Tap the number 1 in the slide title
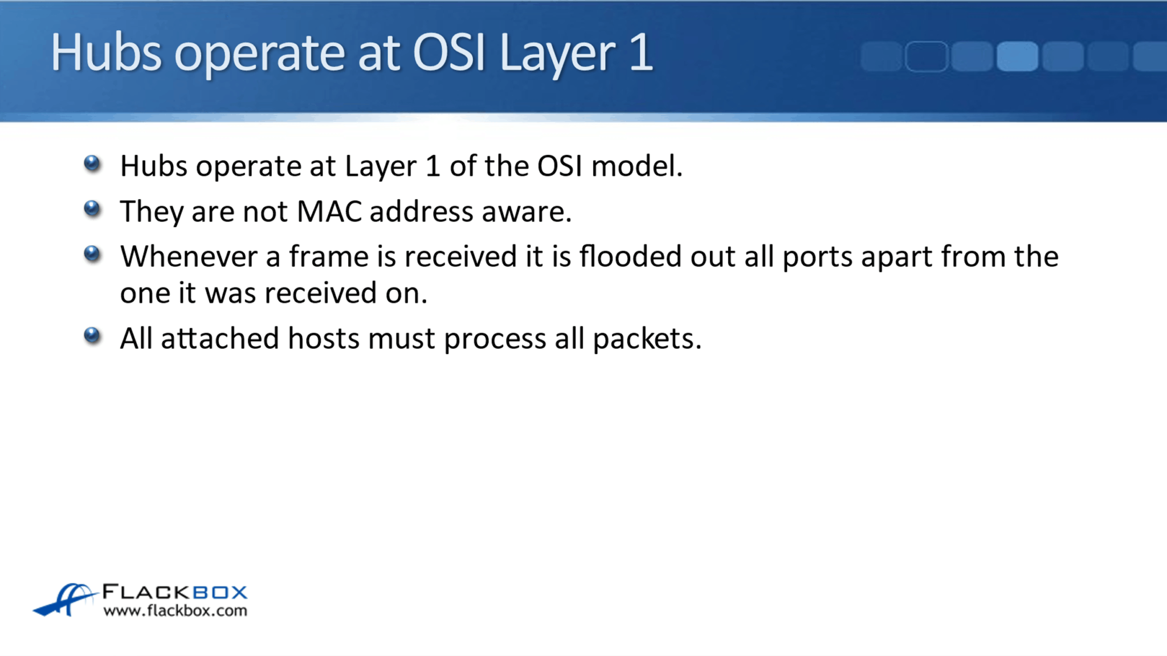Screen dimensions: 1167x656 click(x=642, y=52)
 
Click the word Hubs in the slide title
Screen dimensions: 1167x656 click(x=106, y=52)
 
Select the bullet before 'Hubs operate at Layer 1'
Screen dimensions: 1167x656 click(x=92, y=164)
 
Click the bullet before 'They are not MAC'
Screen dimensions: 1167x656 click(x=92, y=209)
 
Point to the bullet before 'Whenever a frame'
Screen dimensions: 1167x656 click(x=92, y=253)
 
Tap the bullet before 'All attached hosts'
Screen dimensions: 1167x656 click(x=92, y=335)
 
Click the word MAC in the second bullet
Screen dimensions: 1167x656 click(x=329, y=211)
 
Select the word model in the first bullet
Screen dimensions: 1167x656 click(x=636, y=166)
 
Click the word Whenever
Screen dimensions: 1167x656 click(x=189, y=256)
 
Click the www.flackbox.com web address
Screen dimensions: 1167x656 click(x=175, y=610)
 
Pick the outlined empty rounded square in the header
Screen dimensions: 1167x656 click(x=927, y=56)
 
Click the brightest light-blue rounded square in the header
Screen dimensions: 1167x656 click(x=1017, y=56)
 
